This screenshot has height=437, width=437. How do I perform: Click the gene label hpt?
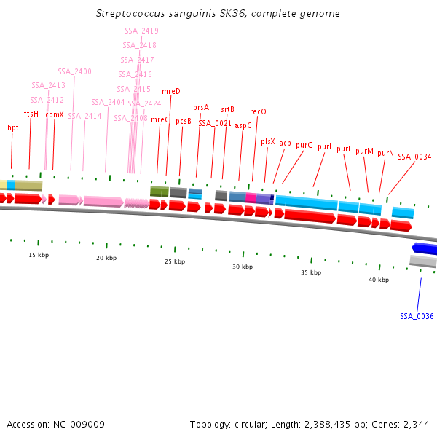(x=13, y=127)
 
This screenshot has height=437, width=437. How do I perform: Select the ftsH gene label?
(x=31, y=114)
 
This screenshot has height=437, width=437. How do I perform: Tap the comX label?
(x=55, y=114)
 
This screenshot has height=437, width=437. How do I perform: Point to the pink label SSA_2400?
(x=74, y=71)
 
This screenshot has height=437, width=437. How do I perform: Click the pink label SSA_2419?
(x=141, y=31)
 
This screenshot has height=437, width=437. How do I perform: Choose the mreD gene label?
(x=170, y=91)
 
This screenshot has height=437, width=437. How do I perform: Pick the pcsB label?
(x=184, y=122)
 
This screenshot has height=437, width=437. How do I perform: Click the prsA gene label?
(x=201, y=107)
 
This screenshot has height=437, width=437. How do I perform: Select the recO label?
(x=258, y=111)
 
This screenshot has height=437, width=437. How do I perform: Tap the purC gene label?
(x=304, y=145)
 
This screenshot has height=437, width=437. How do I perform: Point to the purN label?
(x=385, y=153)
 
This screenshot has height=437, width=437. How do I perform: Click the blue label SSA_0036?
(x=417, y=316)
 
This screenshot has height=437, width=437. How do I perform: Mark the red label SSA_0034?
(x=414, y=157)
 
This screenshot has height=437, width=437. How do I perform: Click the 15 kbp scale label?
(x=39, y=255)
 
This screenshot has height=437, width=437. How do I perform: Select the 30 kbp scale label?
(x=243, y=267)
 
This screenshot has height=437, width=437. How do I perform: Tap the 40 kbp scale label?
(x=378, y=280)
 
